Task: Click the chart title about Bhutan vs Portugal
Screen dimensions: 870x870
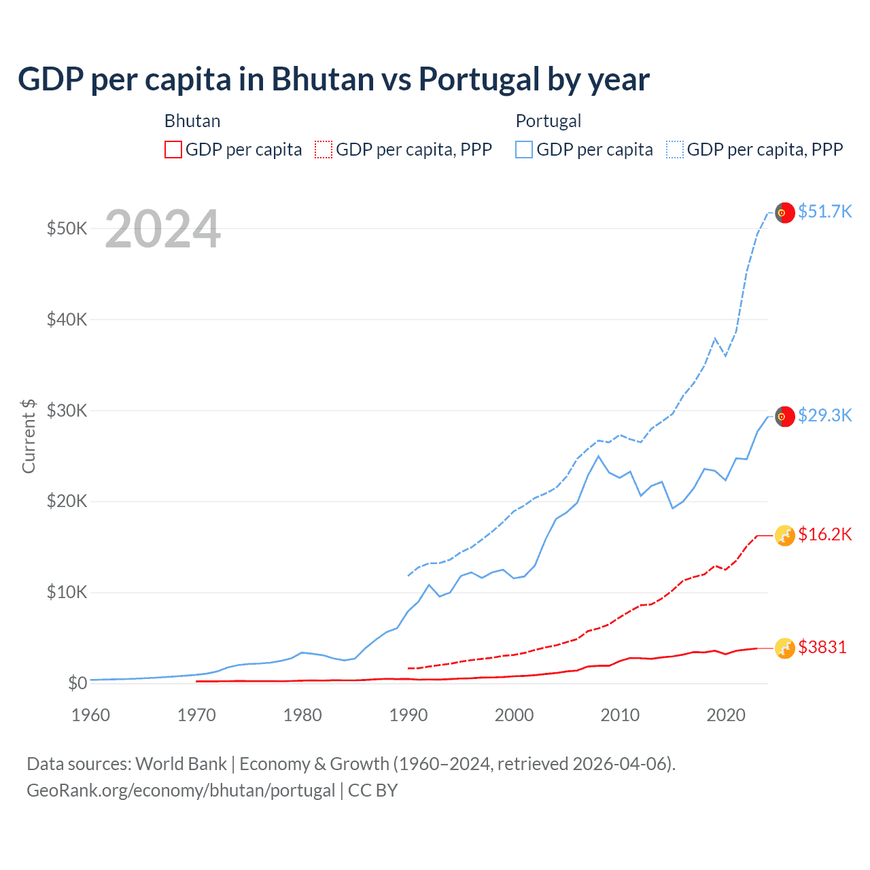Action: (x=334, y=79)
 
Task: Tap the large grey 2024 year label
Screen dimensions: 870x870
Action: (x=162, y=230)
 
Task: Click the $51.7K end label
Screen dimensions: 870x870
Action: (x=824, y=211)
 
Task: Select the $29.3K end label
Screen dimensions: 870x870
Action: (x=824, y=415)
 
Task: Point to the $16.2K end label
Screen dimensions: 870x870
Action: (x=824, y=534)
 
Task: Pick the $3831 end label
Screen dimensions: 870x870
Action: (x=822, y=647)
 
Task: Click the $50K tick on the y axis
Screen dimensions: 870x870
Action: (x=67, y=228)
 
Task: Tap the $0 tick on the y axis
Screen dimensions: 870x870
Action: (x=77, y=683)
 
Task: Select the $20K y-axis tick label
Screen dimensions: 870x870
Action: (x=67, y=502)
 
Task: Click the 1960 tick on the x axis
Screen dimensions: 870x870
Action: (x=90, y=715)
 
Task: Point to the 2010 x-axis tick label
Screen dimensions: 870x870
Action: (x=620, y=715)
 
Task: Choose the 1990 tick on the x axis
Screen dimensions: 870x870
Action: (x=408, y=715)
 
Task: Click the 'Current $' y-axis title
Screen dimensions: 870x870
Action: (x=29, y=436)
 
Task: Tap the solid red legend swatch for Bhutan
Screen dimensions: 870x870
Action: (x=173, y=150)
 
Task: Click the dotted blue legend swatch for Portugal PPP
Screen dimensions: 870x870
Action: (x=675, y=150)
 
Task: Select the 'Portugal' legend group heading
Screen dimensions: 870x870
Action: (x=549, y=121)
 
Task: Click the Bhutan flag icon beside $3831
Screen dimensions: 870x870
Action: (x=785, y=648)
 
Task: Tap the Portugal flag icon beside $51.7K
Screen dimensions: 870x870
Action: (x=785, y=213)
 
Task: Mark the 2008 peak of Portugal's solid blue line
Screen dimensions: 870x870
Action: (x=598, y=456)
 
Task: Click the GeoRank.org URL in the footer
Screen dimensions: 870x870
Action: (x=181, y=790)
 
